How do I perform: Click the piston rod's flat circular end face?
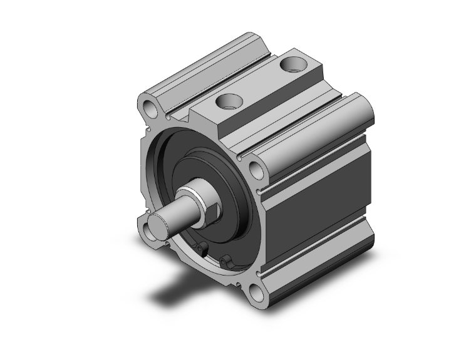pos(158,225)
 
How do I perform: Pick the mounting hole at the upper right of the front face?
pos(256,168)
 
